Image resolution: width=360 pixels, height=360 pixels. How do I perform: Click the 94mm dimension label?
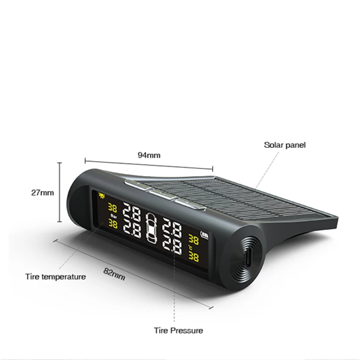[x=149, y=155]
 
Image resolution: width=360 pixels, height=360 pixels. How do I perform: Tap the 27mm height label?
[x=43, y=192]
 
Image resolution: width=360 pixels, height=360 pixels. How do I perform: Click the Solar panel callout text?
[x=284, y=144]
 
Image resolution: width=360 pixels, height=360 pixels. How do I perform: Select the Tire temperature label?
[x=56, y=276]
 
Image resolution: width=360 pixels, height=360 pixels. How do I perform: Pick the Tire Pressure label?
[x=178, y=330]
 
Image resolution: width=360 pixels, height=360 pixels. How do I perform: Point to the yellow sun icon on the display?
[x=101, y=195]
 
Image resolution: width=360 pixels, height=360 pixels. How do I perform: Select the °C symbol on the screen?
[x=190, y=247]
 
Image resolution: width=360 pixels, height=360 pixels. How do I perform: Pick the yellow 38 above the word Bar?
[x=113, y=208]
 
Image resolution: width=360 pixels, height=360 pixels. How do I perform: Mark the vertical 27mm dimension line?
[x=60, y=192]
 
